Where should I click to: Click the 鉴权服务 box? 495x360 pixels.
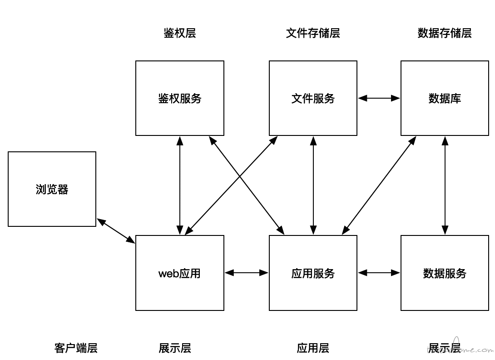(x=180, y=98)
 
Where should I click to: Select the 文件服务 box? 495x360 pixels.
(x=313, y=98)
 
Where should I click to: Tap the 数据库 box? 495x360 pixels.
(x=445, y=98)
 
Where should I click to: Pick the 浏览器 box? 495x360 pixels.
(x=52, y=189)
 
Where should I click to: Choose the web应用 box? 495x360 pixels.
(x=180, y=273)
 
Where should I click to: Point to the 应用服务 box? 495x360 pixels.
(x=313, y=273)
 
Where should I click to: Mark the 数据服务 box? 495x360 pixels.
(x=445, y=273)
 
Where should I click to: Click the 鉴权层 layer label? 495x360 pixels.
(x=180, y=33)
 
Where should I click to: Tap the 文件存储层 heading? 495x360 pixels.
(x=313, y=33)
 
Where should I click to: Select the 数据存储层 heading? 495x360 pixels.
(x=445, y=33)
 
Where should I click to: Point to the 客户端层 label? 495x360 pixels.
(x=76, y=348)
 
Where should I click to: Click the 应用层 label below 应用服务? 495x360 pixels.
(x=313, y=348)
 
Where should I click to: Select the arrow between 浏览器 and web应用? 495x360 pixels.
(x=116, y=231)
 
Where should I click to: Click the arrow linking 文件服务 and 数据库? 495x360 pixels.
(x=379, y=98)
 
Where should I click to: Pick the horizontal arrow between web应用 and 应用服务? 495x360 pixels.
(x=247, y=273)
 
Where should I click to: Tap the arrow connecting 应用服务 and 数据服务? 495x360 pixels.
(x=379, y=273)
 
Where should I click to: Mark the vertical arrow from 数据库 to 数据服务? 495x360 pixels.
(x=445, y=185)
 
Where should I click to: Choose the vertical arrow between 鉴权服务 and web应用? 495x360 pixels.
(x=180, y=185)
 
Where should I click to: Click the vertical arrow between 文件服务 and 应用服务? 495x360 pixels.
(x=313, y=185)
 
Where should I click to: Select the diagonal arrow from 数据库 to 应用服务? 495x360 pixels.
(x=379, y=185)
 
